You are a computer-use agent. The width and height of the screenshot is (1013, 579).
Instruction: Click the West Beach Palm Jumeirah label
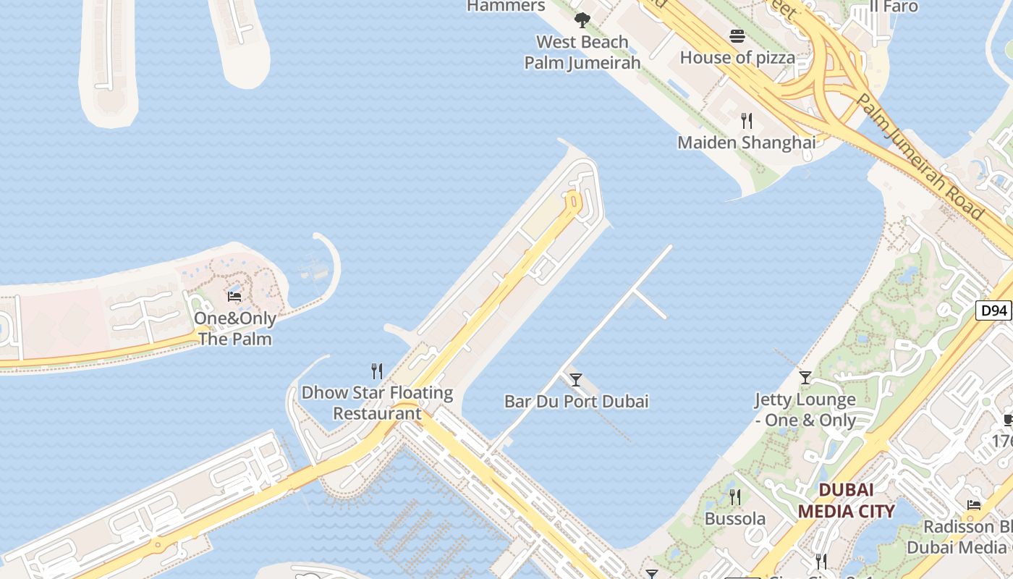pyautogui.click(x=582, y=52)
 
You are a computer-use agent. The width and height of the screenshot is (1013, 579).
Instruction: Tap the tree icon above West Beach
pyautogui.click(x=582, y=20)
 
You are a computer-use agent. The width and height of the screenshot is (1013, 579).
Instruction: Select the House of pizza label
pyautogui.click(x=737, y=57)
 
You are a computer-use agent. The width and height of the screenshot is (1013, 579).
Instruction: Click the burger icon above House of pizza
pyautogui.click(x=737, y=35)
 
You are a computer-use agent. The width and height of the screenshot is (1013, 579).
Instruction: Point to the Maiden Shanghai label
pyautogui.click(x=746, y=142)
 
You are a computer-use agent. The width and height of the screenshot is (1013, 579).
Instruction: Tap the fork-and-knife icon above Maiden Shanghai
pyautogui.click(x=747, y=120)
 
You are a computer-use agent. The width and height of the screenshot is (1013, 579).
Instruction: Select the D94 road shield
pyautogui.click(x=993, y=311)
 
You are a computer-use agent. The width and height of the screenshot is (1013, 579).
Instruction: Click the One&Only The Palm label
pyautogui.click(x=235, y=329)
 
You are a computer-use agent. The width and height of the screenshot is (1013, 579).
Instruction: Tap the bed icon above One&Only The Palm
pyautogui.click(x=234, y=296)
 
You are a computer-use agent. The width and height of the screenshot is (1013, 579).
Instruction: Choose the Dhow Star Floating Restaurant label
pyautogui.click(x=377, y=403)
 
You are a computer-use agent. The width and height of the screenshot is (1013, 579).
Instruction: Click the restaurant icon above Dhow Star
pyautogui.click(x=376, y=371)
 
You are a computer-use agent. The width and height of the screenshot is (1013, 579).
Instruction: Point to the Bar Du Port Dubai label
pyautogui.click(x=576, y=401)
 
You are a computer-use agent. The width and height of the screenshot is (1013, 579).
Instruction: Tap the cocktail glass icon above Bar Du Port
pyautogui.click(x=576, y=379)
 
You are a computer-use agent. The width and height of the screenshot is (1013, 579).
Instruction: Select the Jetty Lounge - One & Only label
pyautogui.click(x=805, y=410)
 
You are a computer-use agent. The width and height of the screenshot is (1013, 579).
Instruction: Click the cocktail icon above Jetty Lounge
pyautogui.click(x=805, y=377)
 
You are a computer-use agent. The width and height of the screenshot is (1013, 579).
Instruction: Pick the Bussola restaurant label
pyautogui.click(x=735, y=518)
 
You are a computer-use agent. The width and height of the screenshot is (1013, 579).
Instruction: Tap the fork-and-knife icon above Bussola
pyautogui.click(x=735, y=496)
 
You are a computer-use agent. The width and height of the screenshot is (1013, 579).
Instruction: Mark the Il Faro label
pyautogui.click(x=894, y=7)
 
